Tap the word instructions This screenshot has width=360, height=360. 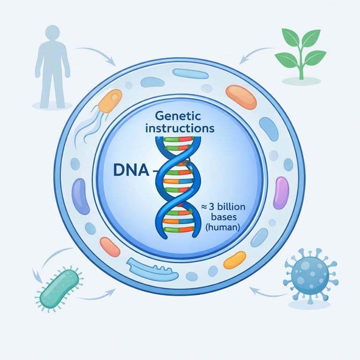pyautogui.click(x=180, y=127)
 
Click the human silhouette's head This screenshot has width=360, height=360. pyautogui.click(x=52, y=33)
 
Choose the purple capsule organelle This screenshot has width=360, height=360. pyautogui.click(x=281, y=192)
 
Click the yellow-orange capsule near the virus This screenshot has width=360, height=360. pyautogui.click(x=234, y=260)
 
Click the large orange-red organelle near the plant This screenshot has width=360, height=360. pyautogui.click(x=241, y=97)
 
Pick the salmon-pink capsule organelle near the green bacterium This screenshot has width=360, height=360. pyautogui.click(x=110, y=247)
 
